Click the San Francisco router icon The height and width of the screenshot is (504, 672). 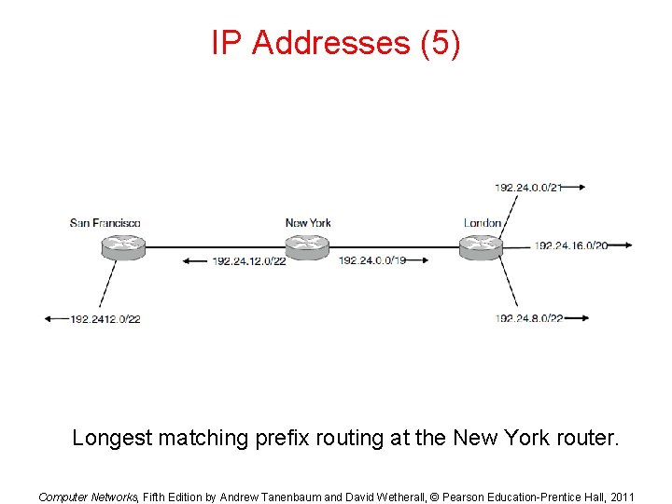coord(122,246)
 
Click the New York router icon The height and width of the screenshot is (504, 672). coord(307,246)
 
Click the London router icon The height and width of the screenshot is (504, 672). coord(482,246)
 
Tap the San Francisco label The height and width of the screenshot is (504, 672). coord(105,222)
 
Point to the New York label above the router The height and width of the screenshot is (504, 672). coord(308,222)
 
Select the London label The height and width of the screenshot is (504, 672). coord(483,222)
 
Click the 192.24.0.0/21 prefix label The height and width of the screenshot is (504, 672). coord(528,188)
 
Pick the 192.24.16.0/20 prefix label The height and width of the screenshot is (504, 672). coord(571,245)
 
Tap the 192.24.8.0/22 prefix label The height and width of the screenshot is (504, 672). coord(529,319)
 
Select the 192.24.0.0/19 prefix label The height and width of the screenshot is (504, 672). coord(372,260)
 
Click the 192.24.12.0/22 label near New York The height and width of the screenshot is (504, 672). coord(248,260)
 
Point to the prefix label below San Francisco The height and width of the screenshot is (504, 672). coord(105,319)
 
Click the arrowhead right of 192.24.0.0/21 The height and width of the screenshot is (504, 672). coord(581,188)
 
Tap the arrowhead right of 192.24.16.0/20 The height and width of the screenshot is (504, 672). coord(627,245)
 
